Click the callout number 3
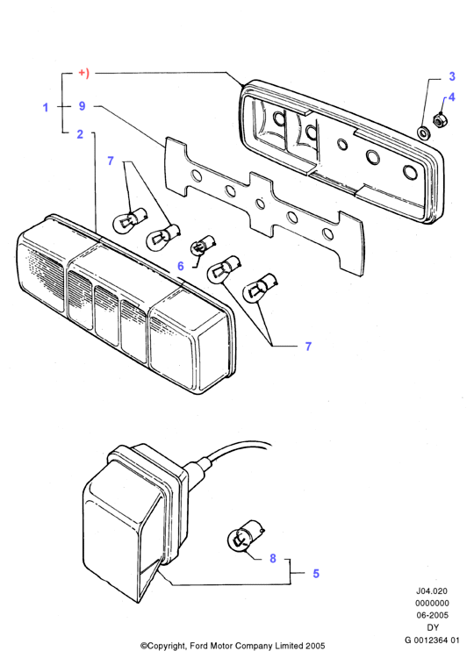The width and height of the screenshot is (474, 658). point(452,76)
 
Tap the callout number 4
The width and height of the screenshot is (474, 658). point(451,97)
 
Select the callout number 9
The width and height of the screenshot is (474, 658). point(83,106)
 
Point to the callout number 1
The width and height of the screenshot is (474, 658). point(46,107)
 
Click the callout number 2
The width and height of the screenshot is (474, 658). point(80,134)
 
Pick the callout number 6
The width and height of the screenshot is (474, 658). point(181,266)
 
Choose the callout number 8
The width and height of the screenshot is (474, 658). point(273,558)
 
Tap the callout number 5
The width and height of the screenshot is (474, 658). point(316,573)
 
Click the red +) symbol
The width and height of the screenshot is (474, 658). point(84,74)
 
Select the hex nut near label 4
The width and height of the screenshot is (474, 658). point(440,119)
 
